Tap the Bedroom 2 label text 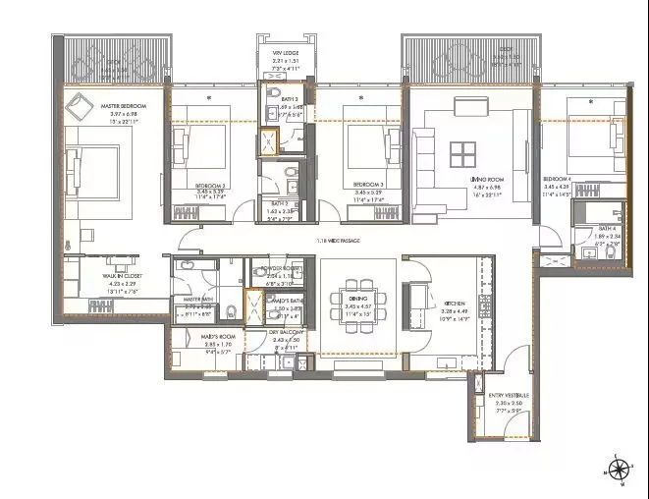point(209,186)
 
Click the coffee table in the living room point(463,154)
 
